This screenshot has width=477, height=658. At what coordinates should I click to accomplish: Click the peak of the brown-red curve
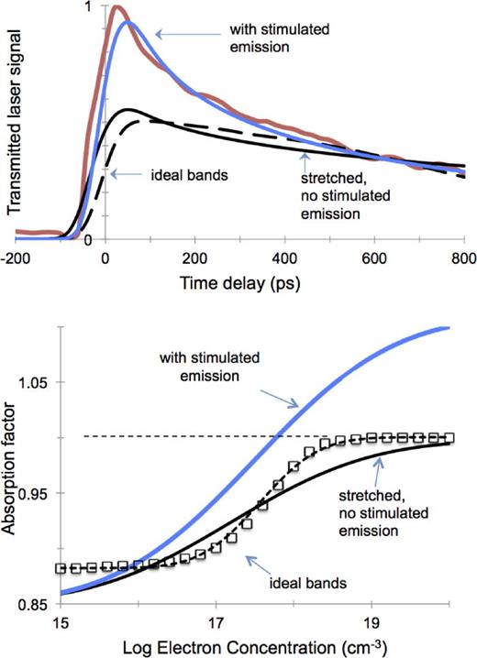pos(116,9)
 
